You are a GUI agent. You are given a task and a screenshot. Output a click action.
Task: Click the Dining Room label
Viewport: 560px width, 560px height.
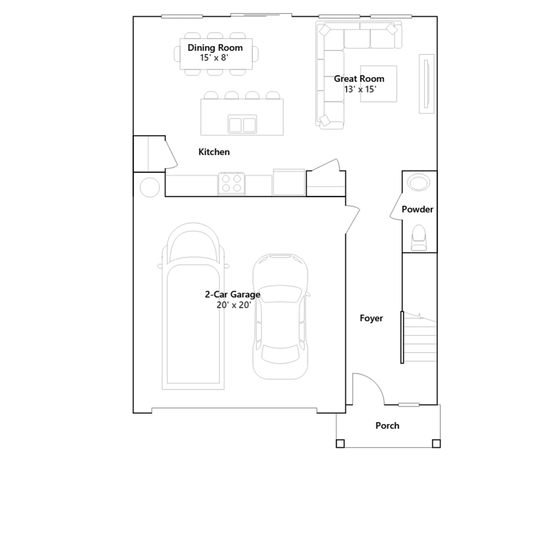tap(215, 48)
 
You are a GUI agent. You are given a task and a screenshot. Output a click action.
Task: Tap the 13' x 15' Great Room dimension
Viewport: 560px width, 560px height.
tap(360, 89)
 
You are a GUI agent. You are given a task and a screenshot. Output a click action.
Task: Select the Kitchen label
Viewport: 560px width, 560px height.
tap(214, 152)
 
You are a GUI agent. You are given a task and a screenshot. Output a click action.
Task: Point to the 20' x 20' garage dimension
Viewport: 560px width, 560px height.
tap(234, 305)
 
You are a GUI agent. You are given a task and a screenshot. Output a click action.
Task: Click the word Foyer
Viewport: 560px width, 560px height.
tap(371, 318)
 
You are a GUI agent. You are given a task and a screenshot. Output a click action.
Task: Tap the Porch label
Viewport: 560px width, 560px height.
tap(387, 426)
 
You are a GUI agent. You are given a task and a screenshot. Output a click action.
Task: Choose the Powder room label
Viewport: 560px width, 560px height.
tap(417, 209)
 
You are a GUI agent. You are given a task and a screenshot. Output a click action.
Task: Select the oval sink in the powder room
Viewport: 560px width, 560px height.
tap(419, 183)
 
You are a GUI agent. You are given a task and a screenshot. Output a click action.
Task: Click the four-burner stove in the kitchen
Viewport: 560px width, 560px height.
tap(231, 183)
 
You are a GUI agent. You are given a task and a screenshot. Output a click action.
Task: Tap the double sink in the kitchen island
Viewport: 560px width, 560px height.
tap(242, 124)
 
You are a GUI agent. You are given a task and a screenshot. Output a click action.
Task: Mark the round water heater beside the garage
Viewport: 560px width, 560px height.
tap(150, 187)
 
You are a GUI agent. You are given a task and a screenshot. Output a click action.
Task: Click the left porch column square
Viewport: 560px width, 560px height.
tap(340, 443)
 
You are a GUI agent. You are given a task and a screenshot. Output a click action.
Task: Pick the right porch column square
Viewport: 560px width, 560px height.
tap(436, 443)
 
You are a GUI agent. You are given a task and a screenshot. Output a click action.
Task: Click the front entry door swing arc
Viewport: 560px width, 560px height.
tap(374, 381)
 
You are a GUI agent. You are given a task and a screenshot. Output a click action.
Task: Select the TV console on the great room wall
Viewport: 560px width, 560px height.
tap(427, 84)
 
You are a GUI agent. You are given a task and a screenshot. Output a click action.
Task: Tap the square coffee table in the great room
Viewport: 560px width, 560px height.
tap(378, 84)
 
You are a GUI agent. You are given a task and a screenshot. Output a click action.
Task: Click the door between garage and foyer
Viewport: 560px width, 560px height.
tap(352, 219)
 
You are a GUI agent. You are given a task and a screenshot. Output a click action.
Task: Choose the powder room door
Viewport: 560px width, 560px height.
tap(396, 206)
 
